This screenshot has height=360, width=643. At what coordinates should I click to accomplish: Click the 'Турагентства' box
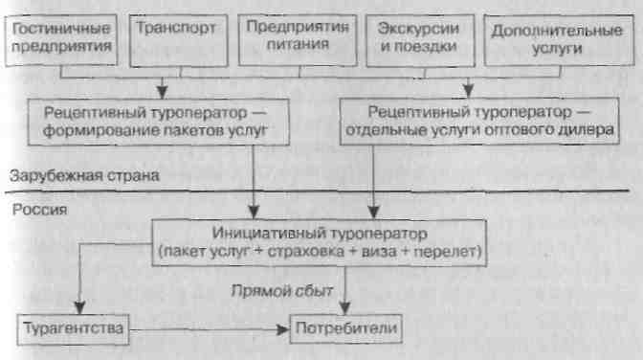(73, 330)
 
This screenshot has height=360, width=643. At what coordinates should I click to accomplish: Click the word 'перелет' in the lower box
(450, 251)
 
